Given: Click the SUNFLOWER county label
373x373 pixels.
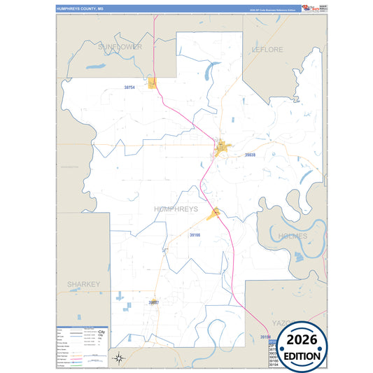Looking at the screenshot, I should [120, 47].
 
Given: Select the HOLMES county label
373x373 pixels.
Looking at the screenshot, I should [291, 237].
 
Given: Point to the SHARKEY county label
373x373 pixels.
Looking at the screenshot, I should [84, 284].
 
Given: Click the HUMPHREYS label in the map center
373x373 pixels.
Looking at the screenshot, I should [176, 209].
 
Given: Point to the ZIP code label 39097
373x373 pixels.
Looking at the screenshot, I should [154, 302].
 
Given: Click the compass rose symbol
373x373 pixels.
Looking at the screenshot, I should [120, 358].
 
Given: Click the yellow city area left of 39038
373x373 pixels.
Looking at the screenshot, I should [223, 148].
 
